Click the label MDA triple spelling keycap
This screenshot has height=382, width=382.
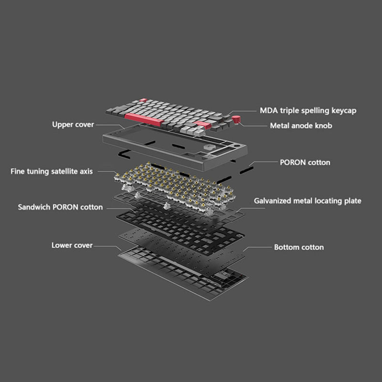(x=308, y=111)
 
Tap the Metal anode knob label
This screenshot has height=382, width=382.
(x=301, y=126)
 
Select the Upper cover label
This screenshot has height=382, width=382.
(x=73, y=125)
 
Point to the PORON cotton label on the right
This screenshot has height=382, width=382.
(x=305, y=162)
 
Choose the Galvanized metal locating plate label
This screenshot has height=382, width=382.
(x=308, y=201)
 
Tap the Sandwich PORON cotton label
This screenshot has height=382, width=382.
(x=60, y=207)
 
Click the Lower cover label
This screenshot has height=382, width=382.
(x=72, y=245)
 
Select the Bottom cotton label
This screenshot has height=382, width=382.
(x=298, y=247)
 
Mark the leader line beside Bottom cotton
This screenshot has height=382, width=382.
(x=258, y=247)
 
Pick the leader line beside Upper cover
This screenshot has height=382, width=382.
(x=104, y=125)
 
